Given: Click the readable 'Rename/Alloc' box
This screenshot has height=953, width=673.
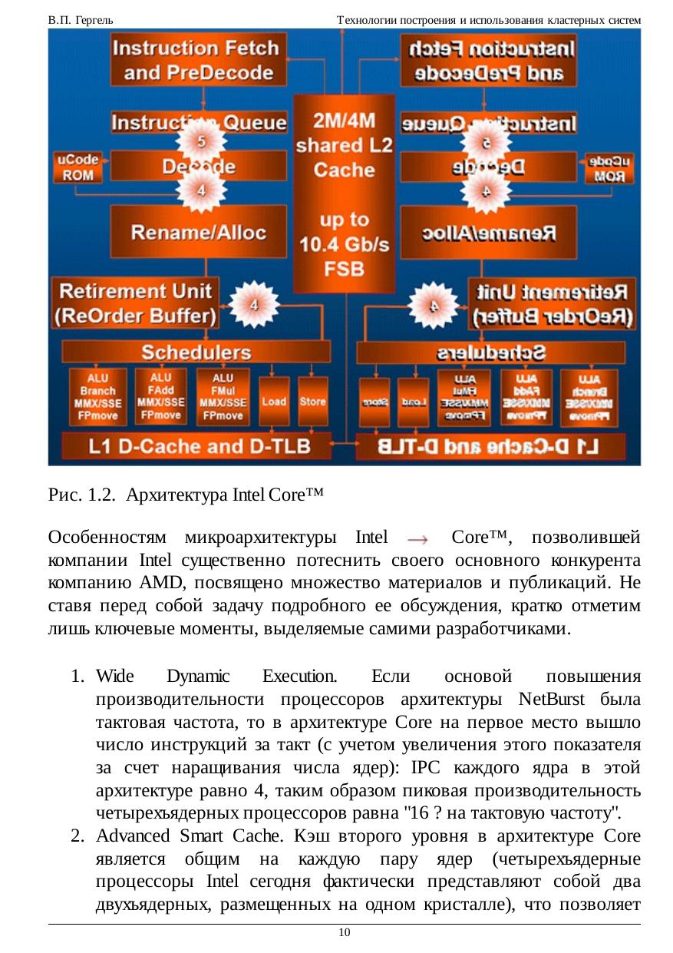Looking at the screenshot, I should [198, 232].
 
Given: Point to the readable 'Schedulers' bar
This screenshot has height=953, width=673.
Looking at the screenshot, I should [196, 352].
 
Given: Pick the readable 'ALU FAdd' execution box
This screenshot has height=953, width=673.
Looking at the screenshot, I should [160, 395].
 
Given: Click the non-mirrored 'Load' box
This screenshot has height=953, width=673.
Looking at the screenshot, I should [274, 401].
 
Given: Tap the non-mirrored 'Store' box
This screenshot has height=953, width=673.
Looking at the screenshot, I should [312, 401].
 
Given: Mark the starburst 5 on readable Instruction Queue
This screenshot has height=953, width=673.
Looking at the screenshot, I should [201, 141].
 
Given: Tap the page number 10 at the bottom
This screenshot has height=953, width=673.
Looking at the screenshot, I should [344, 932].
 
